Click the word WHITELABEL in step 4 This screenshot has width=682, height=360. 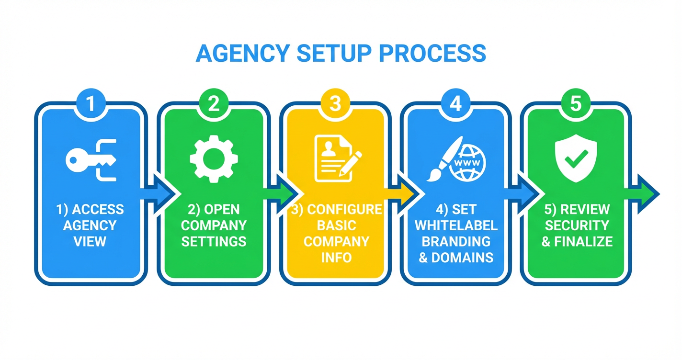[456, 225]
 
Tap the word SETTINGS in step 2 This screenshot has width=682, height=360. [214, 241]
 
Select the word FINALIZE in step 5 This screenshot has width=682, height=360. [583, 241]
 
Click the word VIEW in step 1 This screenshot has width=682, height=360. [90, 241]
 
